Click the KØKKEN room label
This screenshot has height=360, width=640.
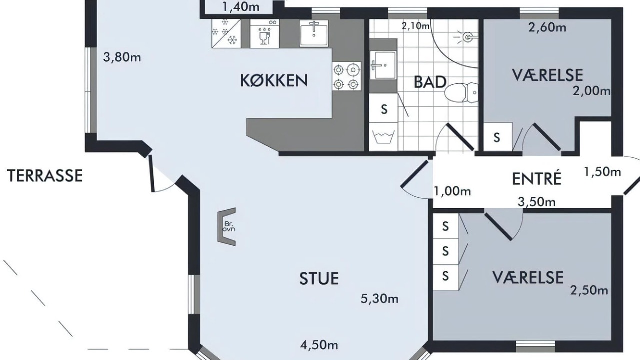click(274, 81)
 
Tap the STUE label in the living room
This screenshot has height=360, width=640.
click(319, 278)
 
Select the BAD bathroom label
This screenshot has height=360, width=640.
click(430, 82)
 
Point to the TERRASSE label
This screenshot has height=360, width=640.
click(45, 175)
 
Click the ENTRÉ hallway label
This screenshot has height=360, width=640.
click(537, 178)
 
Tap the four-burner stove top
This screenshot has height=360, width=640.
click(346, 76)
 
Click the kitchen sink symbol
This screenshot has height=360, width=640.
click(314, 33)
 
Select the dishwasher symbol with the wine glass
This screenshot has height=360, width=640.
click(265, 33)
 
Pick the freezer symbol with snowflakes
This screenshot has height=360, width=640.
click(226, 33)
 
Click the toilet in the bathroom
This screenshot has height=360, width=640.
click(461, 93)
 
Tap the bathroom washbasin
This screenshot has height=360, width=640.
click(383, 65)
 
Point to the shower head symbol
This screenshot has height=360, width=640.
click(465, 37)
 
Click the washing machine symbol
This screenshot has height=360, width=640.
click(383, 137)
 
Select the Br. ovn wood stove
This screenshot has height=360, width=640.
click(226, 227)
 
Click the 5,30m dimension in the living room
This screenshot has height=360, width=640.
click(379, 299)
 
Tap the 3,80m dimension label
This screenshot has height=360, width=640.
click(122, 57)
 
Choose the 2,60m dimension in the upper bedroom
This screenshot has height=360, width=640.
click(547, 27)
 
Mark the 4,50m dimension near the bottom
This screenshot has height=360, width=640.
click(319, 345)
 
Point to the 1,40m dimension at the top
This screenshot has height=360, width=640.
click(241, 7)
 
